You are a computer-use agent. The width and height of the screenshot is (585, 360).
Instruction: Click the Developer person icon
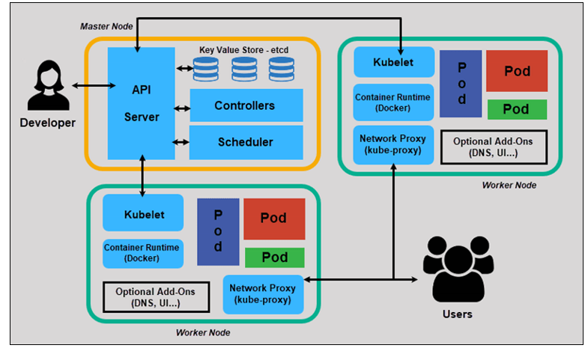(x=46, y=88)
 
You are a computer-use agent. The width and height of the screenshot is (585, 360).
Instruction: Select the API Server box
(x=141, y=103)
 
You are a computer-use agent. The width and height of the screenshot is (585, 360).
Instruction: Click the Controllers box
(x=246, y=106)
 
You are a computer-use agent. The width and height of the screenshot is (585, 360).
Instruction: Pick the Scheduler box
(x=246, y=142)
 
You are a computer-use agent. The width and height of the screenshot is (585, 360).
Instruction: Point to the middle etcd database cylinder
(x=244, y=69)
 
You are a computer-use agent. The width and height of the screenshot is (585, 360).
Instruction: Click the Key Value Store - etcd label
(x=243, y=50)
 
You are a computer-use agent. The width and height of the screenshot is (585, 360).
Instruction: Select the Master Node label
(x=106, y=26)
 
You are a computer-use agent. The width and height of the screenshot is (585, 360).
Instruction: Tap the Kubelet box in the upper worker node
(x=392, y=62)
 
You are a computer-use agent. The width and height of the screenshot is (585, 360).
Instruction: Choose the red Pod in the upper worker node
(x=516, y=72)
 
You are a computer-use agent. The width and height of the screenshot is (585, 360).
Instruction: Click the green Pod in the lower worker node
(x=274, y=257)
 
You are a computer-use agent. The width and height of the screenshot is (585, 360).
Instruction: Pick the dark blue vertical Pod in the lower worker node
(x=218, y=231)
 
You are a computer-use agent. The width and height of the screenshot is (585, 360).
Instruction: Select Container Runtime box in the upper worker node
(x=392, y=102)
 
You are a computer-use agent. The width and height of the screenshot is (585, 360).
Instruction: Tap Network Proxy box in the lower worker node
(x=262, y=293)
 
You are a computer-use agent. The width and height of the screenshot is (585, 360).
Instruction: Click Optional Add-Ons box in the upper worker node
(x=494, y=147)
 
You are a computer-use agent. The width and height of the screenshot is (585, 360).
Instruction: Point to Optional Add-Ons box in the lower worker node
(x=155, y=296)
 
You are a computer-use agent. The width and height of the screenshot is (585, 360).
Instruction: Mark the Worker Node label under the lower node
(x=202, y=332)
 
